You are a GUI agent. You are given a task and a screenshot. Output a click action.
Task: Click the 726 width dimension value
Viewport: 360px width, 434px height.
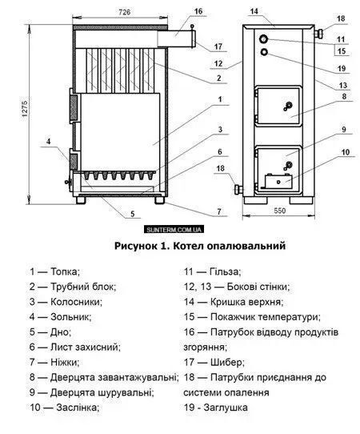125,12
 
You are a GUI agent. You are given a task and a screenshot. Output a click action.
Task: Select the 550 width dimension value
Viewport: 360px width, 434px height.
279,211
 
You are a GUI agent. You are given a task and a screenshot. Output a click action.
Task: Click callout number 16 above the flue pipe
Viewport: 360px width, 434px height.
198,11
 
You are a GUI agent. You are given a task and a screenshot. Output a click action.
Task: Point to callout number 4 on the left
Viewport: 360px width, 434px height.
48,142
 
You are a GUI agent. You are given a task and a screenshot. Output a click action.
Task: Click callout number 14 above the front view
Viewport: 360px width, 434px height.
254,11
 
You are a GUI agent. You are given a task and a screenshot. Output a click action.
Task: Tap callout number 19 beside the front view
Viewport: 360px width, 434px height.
342,68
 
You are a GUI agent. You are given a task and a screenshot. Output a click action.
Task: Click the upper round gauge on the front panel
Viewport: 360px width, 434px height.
264,38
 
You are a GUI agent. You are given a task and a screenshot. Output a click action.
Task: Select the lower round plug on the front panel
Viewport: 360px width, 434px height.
265,52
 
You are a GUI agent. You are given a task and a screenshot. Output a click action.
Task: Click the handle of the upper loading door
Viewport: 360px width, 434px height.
288,106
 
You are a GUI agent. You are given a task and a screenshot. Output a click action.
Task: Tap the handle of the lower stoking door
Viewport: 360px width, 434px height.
288,166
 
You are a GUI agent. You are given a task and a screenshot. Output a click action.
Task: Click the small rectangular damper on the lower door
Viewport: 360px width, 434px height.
278,181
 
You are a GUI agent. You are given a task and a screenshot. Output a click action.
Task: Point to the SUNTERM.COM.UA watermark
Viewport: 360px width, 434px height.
174,230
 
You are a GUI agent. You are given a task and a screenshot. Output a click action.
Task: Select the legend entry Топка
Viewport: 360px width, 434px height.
66,271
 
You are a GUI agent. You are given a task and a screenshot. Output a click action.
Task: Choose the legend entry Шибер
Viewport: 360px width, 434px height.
227,362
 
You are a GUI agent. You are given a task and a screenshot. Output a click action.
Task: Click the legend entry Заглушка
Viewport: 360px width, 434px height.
226,408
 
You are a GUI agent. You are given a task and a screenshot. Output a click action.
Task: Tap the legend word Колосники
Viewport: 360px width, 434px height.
76,302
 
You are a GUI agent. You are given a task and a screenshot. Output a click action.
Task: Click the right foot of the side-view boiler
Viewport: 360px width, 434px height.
160,200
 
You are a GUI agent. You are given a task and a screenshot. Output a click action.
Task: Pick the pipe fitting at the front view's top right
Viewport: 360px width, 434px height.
318,33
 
